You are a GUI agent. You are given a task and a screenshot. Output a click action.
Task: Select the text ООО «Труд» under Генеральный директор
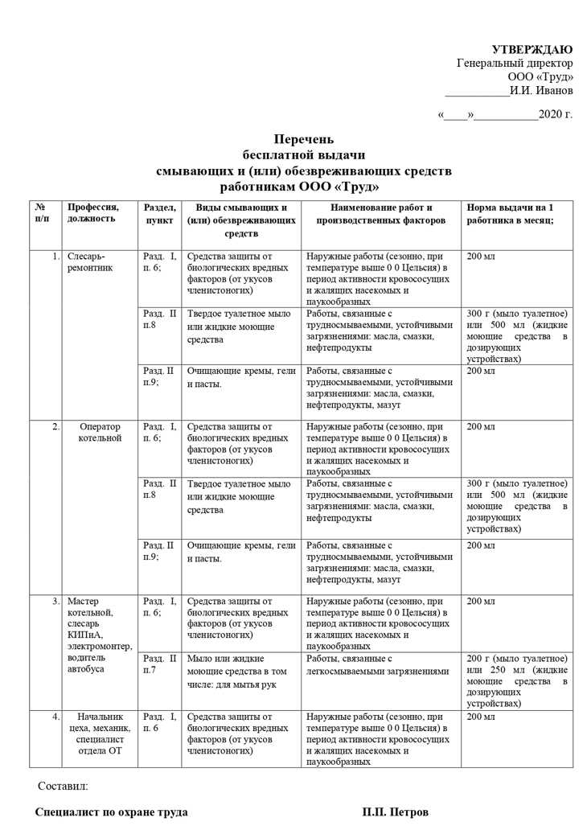[540, 76]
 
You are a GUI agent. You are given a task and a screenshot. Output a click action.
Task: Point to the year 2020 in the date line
[552, 115]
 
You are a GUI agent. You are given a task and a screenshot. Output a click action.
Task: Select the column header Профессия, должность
[93, 212]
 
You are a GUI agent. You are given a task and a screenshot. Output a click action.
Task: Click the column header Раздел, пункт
[159, 213]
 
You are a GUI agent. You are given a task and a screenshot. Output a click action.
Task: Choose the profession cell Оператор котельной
[100, 432]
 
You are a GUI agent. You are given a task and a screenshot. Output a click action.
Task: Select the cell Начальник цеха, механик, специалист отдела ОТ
[101, 733]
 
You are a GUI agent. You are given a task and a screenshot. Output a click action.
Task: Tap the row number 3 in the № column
[55, 601]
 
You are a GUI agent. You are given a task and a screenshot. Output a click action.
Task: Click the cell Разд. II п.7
[158, 664]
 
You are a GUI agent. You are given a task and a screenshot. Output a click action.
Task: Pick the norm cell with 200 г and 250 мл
[516, 680]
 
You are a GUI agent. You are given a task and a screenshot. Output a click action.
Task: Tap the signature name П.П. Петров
[395, 812]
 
